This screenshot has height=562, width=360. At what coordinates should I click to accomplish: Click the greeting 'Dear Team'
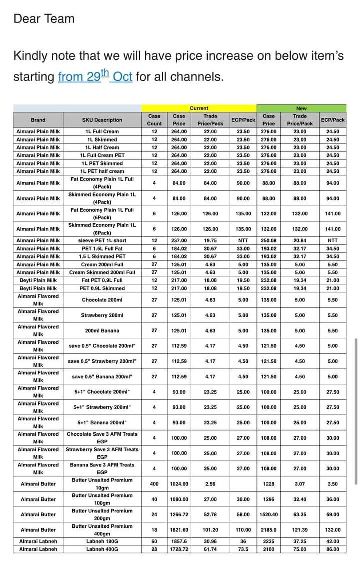click(44, 19)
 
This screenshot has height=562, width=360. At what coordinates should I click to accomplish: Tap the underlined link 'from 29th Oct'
click(95, 77)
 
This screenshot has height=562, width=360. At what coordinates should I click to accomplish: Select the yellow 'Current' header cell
click(199, 108)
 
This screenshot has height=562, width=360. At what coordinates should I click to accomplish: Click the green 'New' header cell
click(301, 108)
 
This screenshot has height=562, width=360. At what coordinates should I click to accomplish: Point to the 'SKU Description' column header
click(102, 120)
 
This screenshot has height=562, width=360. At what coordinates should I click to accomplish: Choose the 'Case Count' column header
click(154, 120)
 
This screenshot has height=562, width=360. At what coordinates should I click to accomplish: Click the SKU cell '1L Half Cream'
click(102, 147)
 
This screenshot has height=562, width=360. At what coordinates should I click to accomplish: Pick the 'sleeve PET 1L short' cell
click(102, 240)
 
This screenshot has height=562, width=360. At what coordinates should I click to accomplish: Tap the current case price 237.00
click(179, 240)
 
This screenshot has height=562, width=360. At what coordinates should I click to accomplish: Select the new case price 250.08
click(269, 240)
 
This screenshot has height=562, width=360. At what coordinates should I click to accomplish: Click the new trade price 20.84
click(300, 240)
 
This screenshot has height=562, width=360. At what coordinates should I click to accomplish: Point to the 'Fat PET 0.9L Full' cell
click(102, 280)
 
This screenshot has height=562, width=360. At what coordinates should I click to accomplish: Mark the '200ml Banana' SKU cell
click(102, 330)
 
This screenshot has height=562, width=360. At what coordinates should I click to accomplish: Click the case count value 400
click(154, 484)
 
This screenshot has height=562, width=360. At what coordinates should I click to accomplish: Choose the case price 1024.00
click(179, 484)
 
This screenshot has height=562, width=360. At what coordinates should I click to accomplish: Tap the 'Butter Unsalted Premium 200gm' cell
click(102, 514)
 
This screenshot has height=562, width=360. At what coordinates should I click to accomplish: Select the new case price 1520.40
click(269, 514)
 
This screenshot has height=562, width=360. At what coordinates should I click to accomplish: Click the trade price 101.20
click(210, 530)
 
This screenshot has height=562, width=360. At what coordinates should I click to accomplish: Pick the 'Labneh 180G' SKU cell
click(102, 541)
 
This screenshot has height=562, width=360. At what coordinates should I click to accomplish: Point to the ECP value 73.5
click(243, 549)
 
